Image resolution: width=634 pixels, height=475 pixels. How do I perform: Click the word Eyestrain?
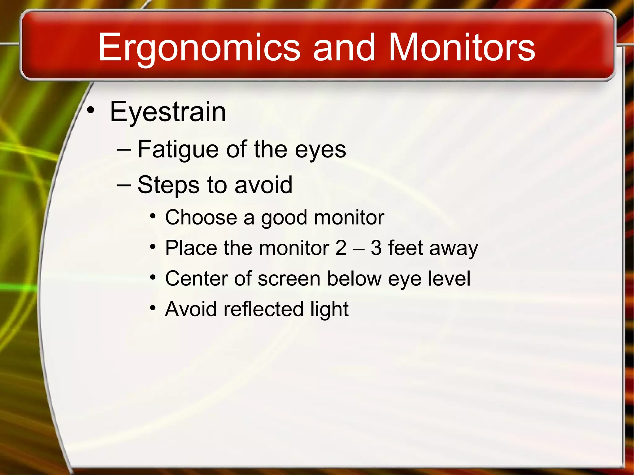(168, 112)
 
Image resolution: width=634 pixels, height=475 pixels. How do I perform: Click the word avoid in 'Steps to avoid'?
(263, 185)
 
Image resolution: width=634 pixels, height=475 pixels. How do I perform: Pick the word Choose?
(201, 218)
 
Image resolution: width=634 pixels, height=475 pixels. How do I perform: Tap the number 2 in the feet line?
(341, 248)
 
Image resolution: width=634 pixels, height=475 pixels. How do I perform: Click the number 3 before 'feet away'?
(376, 248)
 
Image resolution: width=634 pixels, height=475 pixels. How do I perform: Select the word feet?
(405, 248)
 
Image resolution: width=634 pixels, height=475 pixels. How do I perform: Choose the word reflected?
(263, 309)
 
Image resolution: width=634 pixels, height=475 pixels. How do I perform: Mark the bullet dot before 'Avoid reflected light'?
(153, 308)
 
